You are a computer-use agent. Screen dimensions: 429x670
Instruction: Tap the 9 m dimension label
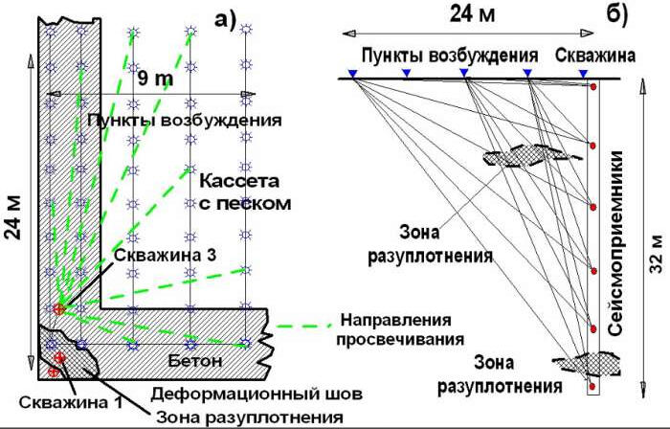pyautogui.click(x=155, y=76)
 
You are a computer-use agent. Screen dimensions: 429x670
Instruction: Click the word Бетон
pyautogui.click(x=199, y=361)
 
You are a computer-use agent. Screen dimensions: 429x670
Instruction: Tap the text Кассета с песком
pyautogui.click(x=244, y=192)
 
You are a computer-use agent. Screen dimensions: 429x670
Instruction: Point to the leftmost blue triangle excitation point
pyautogui.click(x=352, y=73)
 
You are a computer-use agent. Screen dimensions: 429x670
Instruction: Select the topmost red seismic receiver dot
pyautogui.click(x=593, y=87)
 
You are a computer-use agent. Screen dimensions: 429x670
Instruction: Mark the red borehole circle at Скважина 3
pyautogui.click(x=59, y=309)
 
